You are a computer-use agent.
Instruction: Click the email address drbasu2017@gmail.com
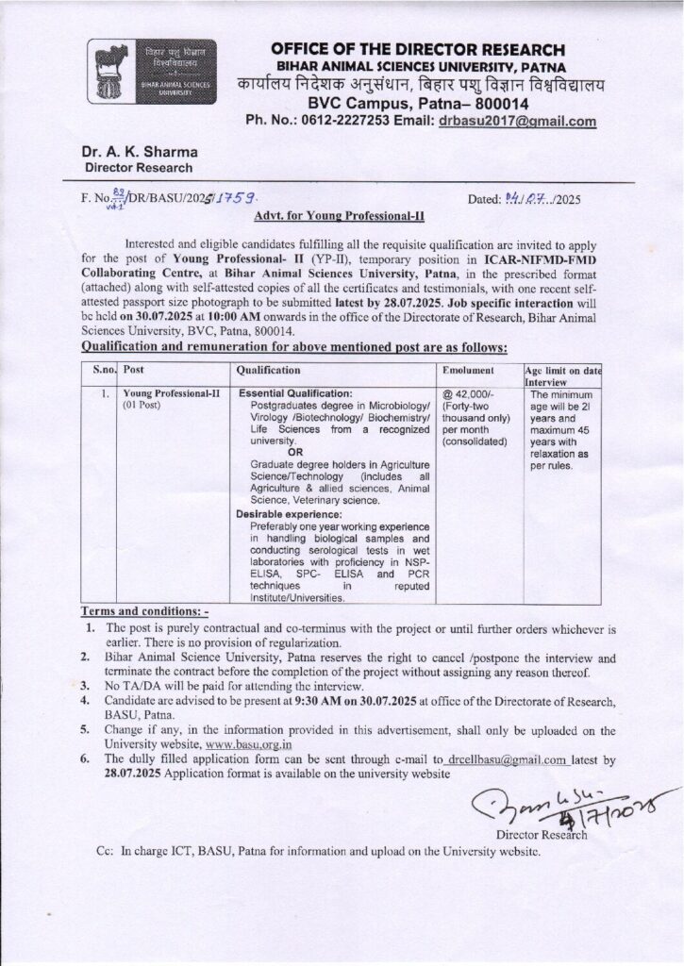(x=517, y=121)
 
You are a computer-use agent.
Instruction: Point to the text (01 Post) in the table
(x=142, y=406)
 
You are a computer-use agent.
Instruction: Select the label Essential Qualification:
(x=296, y=392)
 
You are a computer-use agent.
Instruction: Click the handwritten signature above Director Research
(x=566, y=805)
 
